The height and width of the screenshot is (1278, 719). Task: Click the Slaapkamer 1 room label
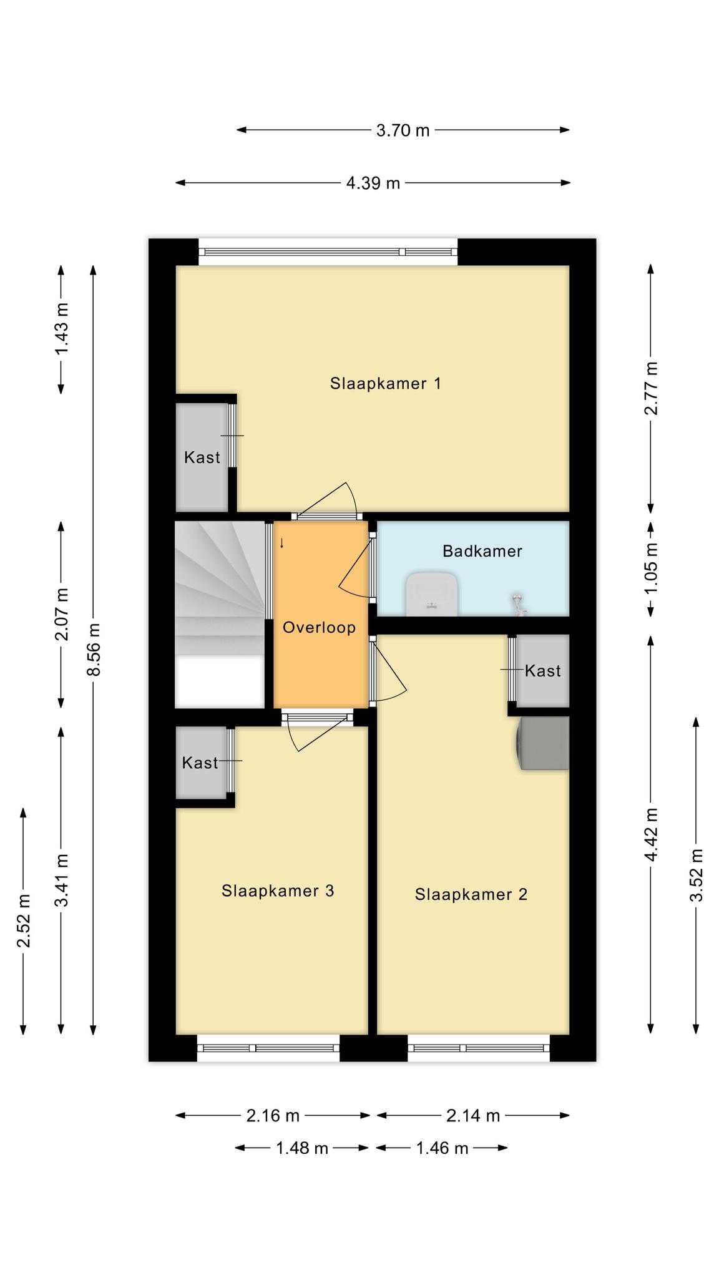tap(385, 383)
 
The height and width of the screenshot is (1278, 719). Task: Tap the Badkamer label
tap(482, 551)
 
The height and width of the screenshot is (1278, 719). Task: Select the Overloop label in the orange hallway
tap(319, 627)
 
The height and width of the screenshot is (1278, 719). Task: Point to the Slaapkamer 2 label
tap(471, 895)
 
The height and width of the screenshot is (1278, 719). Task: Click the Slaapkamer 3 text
tap(278, 890)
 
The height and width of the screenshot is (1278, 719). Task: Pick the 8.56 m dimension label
tap(94, 649)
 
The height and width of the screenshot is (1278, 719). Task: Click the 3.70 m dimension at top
tap(403, 130)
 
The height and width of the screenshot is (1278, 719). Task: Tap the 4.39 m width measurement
tap(373, 183)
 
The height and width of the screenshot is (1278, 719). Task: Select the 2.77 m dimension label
tap(651, 388)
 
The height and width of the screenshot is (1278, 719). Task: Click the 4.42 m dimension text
tap(651, 835)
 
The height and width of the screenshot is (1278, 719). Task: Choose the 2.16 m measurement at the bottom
tap(273, 1115)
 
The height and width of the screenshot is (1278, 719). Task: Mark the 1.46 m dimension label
tap(442, 1148)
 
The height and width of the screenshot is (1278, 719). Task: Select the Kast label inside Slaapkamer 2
tap(542, 671)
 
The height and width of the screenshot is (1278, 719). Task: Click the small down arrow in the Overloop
tap(281, 543)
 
